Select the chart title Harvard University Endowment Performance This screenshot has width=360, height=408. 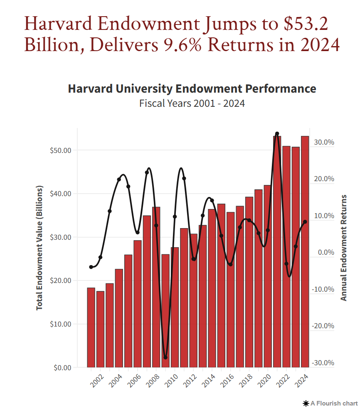[192, 89]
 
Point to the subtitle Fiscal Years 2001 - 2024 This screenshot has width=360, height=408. [192, 103]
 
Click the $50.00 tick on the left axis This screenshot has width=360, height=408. [60, 150]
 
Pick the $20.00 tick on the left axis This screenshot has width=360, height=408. [60, 280]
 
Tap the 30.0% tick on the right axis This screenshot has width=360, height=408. [324, 142]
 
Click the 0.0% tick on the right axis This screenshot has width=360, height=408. [325, 252]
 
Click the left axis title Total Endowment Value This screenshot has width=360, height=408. [40, 248]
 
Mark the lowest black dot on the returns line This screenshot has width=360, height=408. [165, 357]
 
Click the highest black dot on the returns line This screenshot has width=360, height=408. [277, 134]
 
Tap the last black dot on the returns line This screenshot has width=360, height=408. [305, 222]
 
